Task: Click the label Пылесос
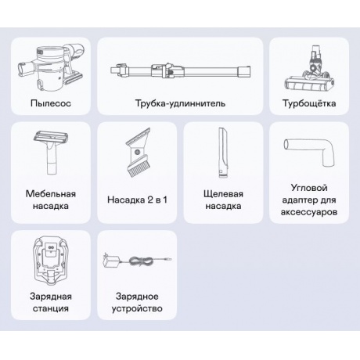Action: click(51, 103)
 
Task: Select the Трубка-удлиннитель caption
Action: click(180, 103)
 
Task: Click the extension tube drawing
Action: click(180, 70)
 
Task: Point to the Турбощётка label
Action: click(309, 103)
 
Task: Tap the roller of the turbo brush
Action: click(308, 85)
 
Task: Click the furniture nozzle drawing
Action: click(51, 153)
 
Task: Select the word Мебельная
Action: click(51, 194)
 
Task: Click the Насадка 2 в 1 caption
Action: click(137, 200)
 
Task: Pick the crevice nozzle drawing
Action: click(223, 153)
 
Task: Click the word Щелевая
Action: click(223, 194)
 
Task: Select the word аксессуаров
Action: click(309, 212)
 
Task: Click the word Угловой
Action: click(309, 188)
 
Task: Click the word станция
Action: click(51, 308)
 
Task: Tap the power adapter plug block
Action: click(112, 261)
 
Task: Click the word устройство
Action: click(137, 308)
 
